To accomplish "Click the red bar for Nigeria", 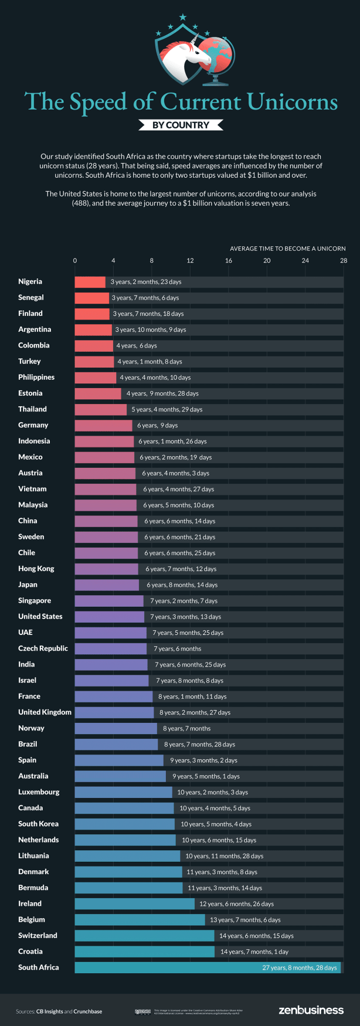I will coord(90,282).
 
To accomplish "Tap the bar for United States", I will coord(109,617).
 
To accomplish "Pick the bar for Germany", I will coord(103,425).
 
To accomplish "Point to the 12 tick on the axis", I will coord(190,260).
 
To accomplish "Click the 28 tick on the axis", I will coord(344,260).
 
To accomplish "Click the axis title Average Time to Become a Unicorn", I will coord(287,249).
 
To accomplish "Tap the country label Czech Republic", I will coord(43,648).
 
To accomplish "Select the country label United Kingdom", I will coord(45,712).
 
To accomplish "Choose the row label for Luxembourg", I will coord(39,791).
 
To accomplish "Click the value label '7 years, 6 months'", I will coord(177,649).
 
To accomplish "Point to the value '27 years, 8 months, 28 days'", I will coord(299,967).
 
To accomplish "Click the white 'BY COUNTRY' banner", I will coord(181,125).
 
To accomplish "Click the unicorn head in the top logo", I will coord(186,56).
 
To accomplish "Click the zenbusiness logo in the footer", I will coord(311,1010).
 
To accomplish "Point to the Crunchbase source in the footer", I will coord(87,1011).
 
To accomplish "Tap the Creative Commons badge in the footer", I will coord(142,1011).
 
